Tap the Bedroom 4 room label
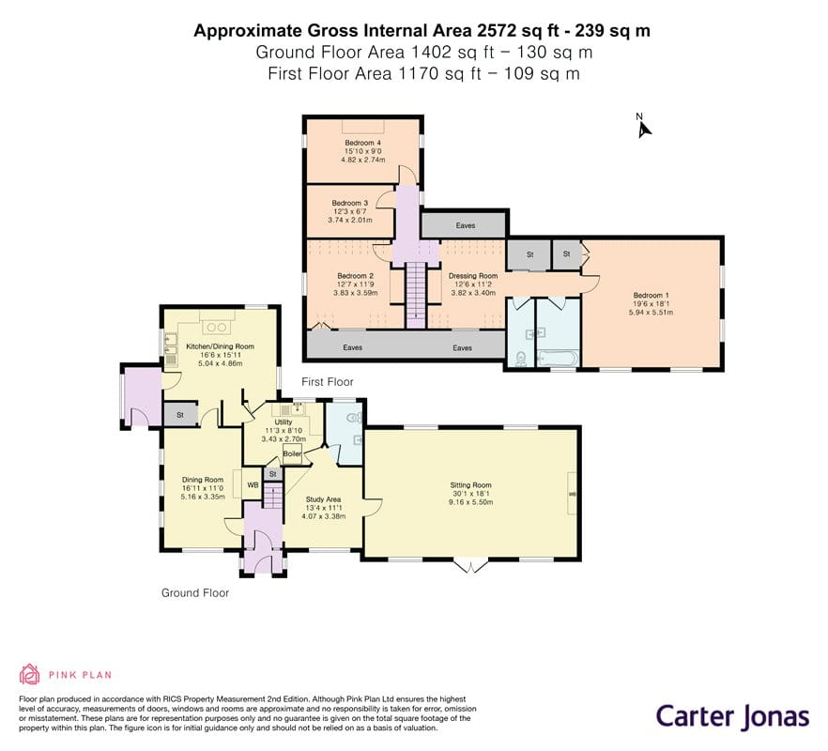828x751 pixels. tap(362, 143)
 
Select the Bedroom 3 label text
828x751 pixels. tap(349, 203)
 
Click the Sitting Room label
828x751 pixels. tap(470, 484)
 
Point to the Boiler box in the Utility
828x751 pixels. tap(292, 453)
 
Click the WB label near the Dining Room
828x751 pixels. tap(253, 484)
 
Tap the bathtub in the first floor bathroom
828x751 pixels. tap(558, 358)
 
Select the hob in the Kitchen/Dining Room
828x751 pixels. tap(217, 327)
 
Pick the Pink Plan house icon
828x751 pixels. tap(30, 674)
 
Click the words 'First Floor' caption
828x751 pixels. tap(328, 381)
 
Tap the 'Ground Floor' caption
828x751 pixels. tap(195, 593)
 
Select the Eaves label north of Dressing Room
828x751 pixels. tap(466, 225)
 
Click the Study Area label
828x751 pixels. tap(323, 499)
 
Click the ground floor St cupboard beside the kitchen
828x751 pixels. tap(180, 415)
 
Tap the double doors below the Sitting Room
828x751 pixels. tap(470, 566)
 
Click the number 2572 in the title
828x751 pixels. tap(497, 30)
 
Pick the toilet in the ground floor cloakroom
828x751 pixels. tap(354, 418)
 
